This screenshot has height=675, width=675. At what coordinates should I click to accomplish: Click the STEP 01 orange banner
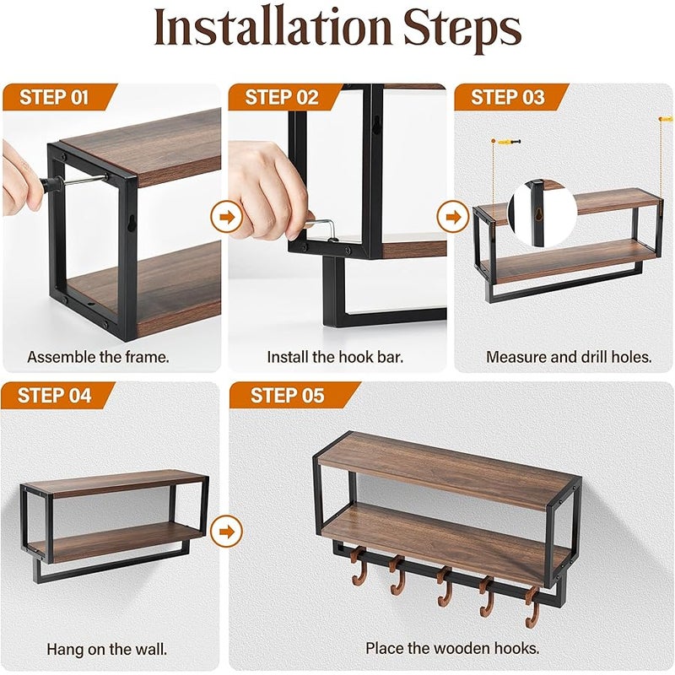click(58, 97)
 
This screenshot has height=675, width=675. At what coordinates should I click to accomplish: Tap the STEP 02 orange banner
click(284, 97)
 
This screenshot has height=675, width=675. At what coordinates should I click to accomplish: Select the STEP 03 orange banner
click(510, 97)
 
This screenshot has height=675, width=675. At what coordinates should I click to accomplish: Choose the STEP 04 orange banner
click(57, 395)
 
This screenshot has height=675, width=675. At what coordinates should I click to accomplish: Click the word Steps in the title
click(462, 30)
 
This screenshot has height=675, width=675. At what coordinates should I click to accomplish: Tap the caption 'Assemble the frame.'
click(98, 357)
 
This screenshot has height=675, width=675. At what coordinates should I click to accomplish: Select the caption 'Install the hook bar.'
click(335, 357)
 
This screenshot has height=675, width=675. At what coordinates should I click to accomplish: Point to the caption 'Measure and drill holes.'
click(569, 357)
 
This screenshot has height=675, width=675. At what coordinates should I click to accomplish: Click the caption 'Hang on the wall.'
click(107, 649)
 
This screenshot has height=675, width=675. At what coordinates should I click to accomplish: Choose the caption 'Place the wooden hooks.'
click(452, 648)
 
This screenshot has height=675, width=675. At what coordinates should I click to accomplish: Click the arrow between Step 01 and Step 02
click(226, 217)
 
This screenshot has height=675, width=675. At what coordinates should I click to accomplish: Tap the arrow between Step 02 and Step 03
click(453, 217)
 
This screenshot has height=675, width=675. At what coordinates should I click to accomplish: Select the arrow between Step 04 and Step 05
click(226, 532)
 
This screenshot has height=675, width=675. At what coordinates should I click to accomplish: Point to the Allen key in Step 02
click(324, 230)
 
